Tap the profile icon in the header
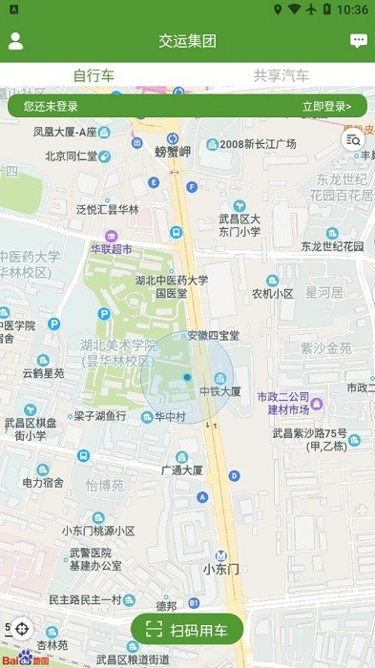point(15,41)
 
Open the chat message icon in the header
point(359,41)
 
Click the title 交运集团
point(187,41)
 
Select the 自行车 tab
point(94,75)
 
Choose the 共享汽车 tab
point(281,75)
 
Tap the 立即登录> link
point(326,106)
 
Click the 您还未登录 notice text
point(51,106)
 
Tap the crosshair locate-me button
point(22,629)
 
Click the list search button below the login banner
point(350,140)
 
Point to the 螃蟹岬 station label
point(173,151)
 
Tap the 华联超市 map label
point(112,248)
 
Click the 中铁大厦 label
point(220,391)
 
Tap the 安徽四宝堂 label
point(213,335)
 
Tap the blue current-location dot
point(187,379)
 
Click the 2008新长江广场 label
point(258,143)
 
